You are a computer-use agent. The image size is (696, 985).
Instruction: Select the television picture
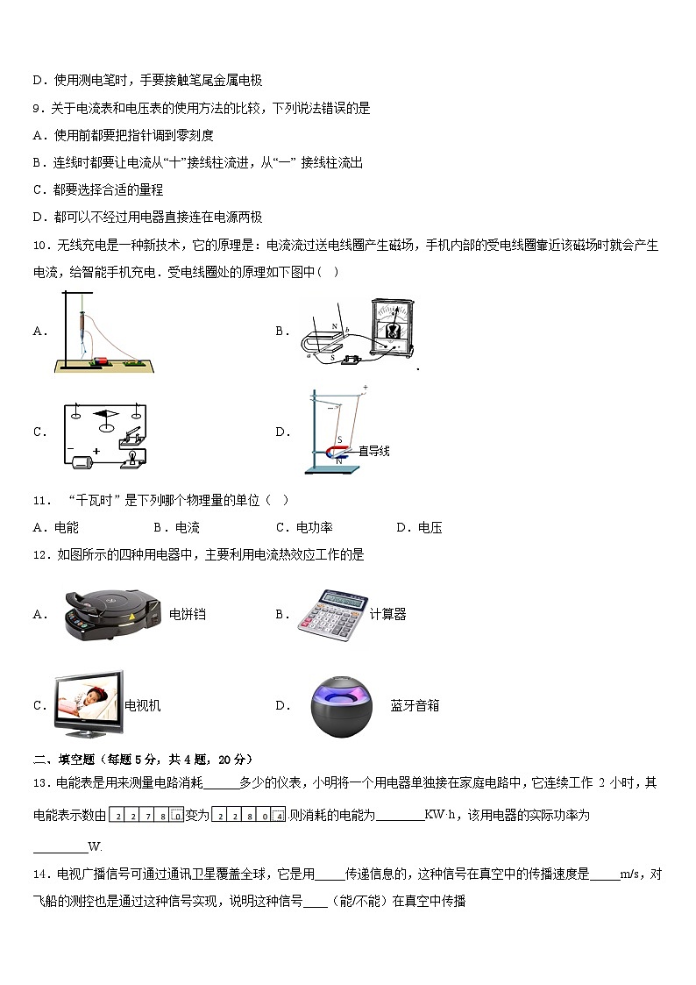[x=89, y=704]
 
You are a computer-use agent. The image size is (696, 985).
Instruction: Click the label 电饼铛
[x=188, y=615]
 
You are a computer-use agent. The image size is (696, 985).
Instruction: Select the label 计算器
[x=388, y=615]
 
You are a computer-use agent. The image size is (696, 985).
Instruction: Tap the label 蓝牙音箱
[x=415, y=705]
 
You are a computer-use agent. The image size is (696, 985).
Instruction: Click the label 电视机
[x=143, y=705]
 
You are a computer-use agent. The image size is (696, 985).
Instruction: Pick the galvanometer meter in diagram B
[x=392, y=328]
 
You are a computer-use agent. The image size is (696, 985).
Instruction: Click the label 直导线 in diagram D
[x=373, y=451]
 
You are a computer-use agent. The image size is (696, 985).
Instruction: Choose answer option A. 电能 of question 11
[x=56, y=527]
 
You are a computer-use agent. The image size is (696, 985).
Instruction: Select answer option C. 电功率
[x=304, y=527]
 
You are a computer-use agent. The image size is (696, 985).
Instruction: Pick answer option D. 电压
[x=419, y=527]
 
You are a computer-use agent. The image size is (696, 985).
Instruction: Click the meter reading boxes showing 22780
[x=146, y=816]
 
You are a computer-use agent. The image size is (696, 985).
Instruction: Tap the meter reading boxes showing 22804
[x=249, y=816]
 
